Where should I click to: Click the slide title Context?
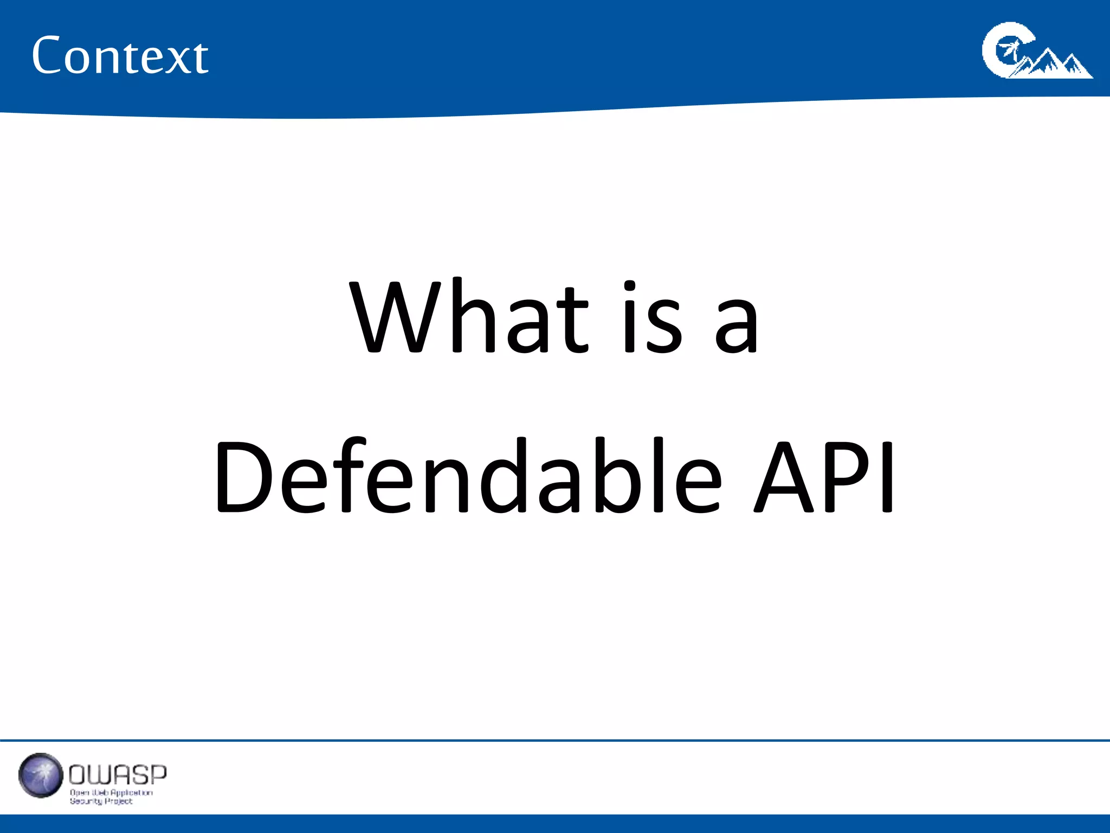coord(120,55)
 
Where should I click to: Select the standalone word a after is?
coord(736,325)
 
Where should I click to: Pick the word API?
coord(824,477)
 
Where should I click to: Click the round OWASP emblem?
coord(41,775)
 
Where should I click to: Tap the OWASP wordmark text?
coord(118,775)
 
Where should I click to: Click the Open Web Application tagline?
coord(111,792)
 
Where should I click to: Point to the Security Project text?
coord(101,801)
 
